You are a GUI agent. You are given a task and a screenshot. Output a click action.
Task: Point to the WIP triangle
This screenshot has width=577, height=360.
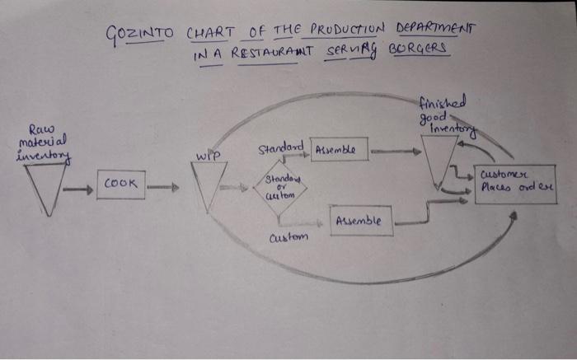point(208,183)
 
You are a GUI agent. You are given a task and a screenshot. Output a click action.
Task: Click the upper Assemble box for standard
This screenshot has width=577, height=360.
point(340,150)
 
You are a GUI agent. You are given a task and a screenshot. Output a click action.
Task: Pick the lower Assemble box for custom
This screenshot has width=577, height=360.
point(361,221)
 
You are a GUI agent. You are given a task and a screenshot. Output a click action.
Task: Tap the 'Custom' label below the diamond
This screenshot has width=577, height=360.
point(288,237)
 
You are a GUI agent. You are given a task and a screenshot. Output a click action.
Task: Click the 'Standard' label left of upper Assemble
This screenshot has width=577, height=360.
point(281,148)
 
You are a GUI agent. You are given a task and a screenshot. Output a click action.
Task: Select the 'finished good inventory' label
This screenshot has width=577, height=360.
point(446,114)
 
